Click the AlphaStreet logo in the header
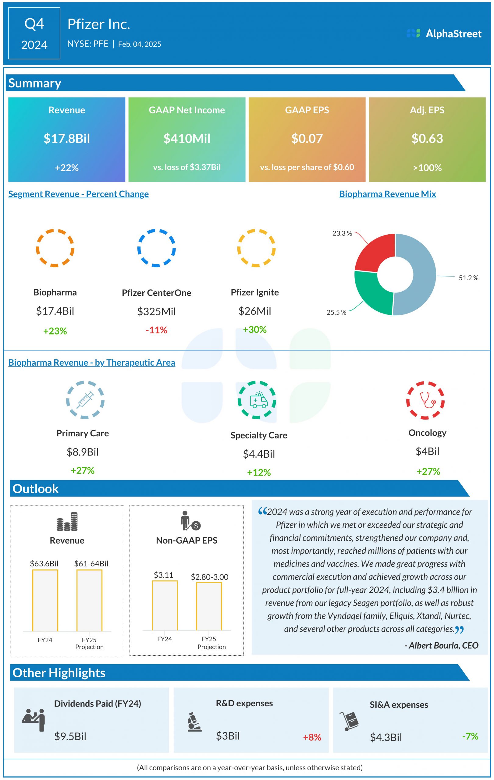[444, 34]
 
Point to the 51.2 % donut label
[468, 278]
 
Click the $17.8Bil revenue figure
[67, 139]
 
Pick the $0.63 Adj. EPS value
[427, 139]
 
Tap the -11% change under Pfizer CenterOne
[156, 330]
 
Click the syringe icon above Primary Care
[85, 400]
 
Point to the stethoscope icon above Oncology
[425, 400]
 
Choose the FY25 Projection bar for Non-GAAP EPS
[209, 606]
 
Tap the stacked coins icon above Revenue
[67, 522]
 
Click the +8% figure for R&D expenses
[312, 737]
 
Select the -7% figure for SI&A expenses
[470, 736]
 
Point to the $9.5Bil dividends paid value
[70, 737]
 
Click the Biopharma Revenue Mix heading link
[387, 194]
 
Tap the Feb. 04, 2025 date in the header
[140, 44]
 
